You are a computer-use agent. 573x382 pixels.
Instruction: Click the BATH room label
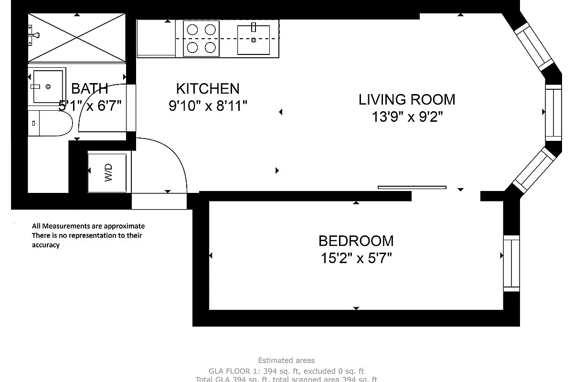[x=90, y=88]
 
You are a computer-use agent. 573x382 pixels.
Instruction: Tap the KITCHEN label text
[x=208, y=88]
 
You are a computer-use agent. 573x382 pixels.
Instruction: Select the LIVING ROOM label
[x=407, y=99]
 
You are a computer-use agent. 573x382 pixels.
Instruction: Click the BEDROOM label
[x=356, y=240]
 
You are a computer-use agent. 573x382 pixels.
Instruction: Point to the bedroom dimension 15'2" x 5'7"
[x=356, y=258]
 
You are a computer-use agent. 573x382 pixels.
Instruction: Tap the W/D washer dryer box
[x=108, y=172]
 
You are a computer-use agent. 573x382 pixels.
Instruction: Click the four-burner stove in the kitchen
[x=201, y=39]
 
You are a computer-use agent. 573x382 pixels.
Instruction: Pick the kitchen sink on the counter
[x=254, y=40]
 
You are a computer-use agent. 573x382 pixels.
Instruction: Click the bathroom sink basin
[x=48, y=86]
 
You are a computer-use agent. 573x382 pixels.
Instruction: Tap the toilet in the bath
[x=50, y=123]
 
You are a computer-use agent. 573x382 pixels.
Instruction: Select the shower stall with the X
[x=76, y=37]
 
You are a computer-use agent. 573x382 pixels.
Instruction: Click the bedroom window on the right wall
[x=511, y=263]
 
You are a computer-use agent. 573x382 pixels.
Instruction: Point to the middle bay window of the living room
[x=553, y=112]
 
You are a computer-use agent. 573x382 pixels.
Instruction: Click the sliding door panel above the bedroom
[x=412, y=188]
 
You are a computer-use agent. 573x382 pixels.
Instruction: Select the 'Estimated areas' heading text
[x=286, y=361]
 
